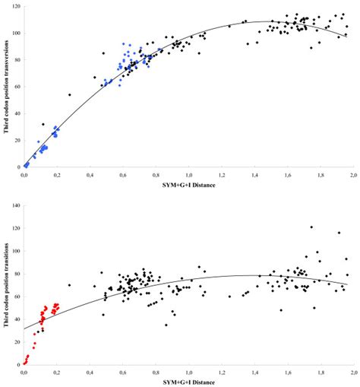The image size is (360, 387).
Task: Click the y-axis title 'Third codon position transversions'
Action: [7, 87]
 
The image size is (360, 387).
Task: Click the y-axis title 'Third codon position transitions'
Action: [7, 284]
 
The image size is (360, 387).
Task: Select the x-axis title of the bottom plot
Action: [188, 382]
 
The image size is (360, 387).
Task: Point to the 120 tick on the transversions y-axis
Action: [14, 7]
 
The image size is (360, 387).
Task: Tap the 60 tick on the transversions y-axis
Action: [16, 87]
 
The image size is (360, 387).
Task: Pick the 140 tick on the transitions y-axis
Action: [14, 205]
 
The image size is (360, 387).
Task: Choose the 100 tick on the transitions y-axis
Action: [14, 251]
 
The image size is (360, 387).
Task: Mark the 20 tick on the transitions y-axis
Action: [16, 342]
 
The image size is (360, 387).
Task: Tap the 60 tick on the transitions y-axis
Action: [16, 297]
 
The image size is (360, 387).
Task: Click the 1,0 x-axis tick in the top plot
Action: [188, 174]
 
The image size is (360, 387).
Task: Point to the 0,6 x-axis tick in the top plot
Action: [123, 174]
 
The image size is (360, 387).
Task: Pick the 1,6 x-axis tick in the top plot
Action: [287, 174]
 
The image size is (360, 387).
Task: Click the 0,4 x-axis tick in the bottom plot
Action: [90, 373]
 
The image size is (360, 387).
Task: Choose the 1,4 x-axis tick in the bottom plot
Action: [254, 373]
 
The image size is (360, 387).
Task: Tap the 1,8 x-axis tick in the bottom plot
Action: [320, 373]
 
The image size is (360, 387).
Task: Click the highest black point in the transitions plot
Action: [311, 227]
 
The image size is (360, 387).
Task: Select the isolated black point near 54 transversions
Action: [69, 95]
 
